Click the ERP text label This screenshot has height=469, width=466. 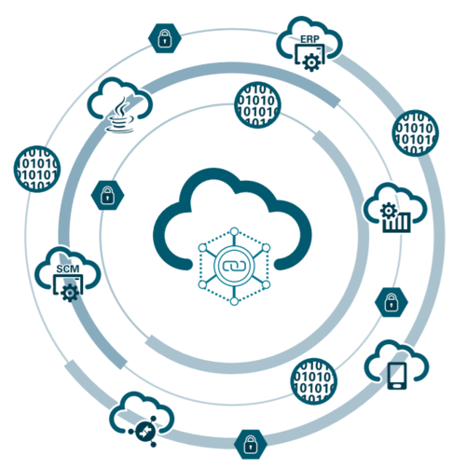[309, 39]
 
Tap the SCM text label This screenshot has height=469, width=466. [68, 269]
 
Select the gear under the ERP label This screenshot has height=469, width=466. [311, 62]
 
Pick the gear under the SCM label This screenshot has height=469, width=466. [70, 293]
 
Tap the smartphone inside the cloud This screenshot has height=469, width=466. [397, 376]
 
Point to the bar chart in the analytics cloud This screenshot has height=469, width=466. [397, 222]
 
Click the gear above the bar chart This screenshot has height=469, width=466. [389, 211]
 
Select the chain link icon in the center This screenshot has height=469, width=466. [234, 266]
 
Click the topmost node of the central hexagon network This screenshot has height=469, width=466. [235, 231]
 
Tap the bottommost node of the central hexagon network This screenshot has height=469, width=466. [235, 301]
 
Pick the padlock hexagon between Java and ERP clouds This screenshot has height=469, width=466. [165, 38]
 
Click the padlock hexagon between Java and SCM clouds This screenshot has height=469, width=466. [107, 195]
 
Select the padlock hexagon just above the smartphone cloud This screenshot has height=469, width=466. [391, 302]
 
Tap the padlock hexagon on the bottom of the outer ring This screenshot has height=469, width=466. [251, 444]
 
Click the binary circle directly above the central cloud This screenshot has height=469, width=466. [257, 105]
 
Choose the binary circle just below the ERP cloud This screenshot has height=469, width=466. [416, 133]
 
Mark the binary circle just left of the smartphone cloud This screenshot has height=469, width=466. [314, 381]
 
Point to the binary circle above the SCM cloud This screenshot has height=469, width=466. [37, 169]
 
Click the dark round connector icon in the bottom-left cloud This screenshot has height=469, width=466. [144, 432]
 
